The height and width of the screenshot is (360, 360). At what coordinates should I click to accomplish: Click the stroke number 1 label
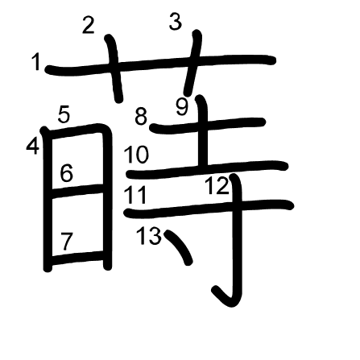[x=35, y=62]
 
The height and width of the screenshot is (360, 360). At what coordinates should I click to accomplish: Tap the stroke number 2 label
[x=89, y=26]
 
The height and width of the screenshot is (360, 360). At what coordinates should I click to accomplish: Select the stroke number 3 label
[x=176, y=22]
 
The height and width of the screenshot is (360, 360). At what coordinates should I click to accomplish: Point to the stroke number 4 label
[x=33, y=147]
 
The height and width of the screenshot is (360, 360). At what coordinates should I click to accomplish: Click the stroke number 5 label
[x=64, y=114]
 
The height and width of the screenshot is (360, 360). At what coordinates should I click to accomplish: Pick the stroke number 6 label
[x=66, y=173]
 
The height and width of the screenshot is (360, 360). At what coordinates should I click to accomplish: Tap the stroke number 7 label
[x=66, y=242]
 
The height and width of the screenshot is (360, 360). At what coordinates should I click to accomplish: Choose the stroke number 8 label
[x=141, y=117]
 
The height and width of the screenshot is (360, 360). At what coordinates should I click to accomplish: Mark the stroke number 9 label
[x=182, y=107]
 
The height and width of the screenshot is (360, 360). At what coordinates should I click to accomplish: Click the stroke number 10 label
[x=136, y=155]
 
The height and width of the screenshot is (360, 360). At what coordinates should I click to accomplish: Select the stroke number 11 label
[x=135, y=195]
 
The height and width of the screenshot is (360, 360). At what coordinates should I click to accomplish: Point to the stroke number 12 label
[x=217, y=186]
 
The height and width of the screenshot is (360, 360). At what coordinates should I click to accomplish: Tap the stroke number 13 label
[x=149, y=236]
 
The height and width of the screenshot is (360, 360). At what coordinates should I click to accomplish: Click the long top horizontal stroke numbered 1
[x=160, y=64]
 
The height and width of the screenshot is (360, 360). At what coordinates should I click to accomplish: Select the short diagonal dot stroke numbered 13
[x=179, y=247]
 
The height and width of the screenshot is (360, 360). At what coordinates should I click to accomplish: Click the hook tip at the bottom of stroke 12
[x=216, y=290]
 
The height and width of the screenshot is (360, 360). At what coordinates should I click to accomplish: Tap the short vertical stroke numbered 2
[x=114, y=68]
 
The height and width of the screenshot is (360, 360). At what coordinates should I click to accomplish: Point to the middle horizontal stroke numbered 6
[x=77, y=191]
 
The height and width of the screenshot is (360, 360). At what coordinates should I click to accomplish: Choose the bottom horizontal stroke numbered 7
[x=77, y=258]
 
